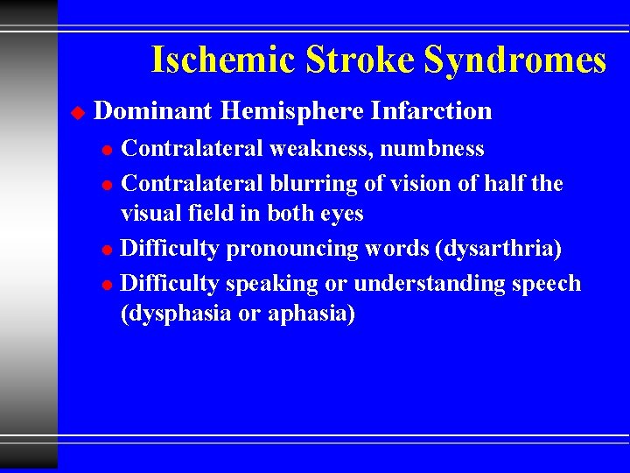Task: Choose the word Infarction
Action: (x=431, y=111)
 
